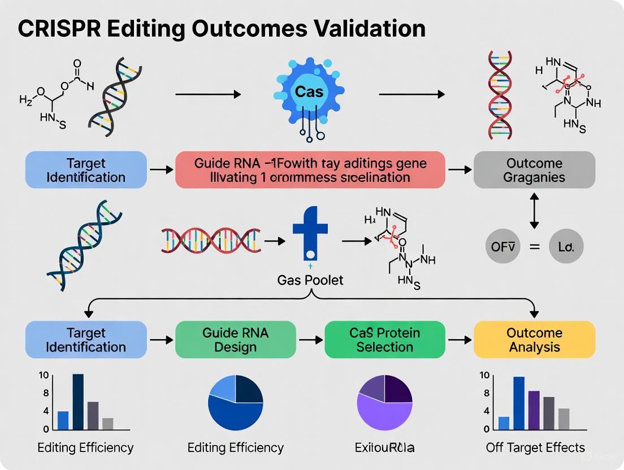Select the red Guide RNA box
[310, 169]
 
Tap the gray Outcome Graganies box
[534, 169]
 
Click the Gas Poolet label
[310, 280]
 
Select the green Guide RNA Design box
[235, 340]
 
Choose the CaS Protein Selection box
[384, 340]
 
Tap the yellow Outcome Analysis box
[534, 340]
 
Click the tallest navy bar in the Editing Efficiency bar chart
[78, 402]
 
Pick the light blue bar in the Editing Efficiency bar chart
[63, 420]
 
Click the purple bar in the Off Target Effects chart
[534, 411]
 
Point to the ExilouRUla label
[385, 448]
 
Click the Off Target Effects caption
[535, 448]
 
